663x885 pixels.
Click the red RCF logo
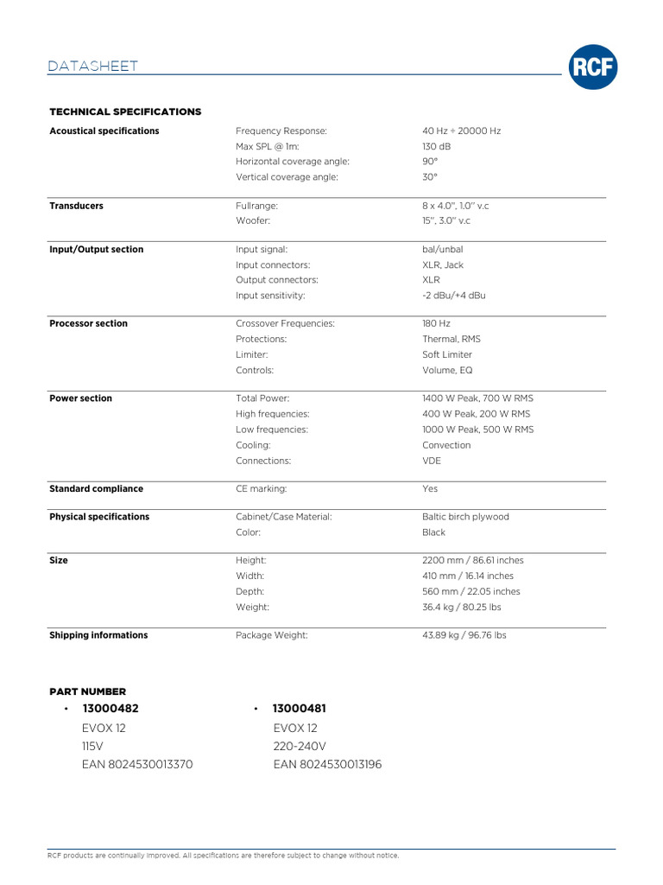point(593,68)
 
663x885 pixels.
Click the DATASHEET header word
point(93,67)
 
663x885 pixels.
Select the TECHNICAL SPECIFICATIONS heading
point(125,111)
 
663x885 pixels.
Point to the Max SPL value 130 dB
point(437,146)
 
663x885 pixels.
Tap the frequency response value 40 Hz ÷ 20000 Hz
point(462,131)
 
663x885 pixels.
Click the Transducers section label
point(76,206)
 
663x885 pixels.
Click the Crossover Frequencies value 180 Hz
point(437,323)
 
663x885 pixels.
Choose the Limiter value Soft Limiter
point(447,354)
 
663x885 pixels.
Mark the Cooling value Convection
point(446,445)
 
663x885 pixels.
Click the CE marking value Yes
point(430,488)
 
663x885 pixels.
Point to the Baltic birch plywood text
point(465,517)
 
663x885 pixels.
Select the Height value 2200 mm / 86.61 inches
point(473,560)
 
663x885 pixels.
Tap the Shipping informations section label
point(98,635)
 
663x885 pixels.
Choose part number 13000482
point(110,708)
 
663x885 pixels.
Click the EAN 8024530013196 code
point(327,764)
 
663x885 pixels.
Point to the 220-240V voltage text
point(300,746)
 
